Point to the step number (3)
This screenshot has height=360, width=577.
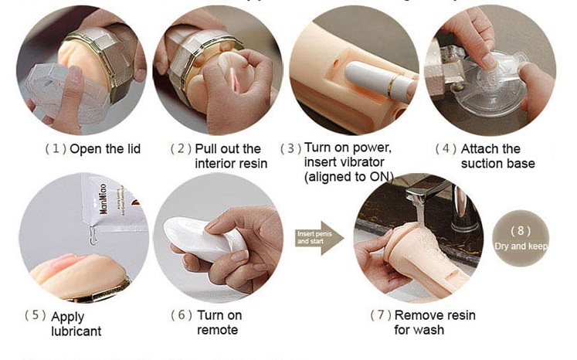(x=290, y=148)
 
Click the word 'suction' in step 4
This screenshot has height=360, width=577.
(x=482, y=164)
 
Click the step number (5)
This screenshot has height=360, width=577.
(x=35, y=315)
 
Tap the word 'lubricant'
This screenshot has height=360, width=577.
(x=76, y=331)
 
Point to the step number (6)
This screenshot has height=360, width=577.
(x=181, y=315)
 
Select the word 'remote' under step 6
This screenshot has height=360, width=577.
(x=219, y=330)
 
